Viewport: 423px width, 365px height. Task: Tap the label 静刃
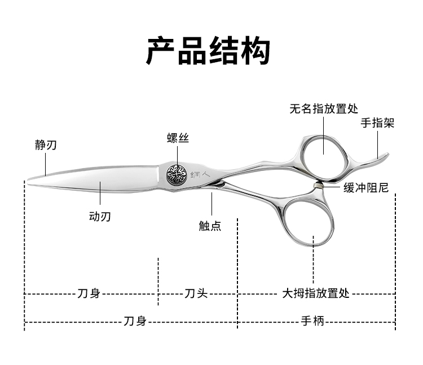click(x=46, y=145)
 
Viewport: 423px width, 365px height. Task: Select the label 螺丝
click(x=178, y=138)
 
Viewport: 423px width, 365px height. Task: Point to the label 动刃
click(x=100, y=216)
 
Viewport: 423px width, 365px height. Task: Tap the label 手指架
click(x=377, y=123)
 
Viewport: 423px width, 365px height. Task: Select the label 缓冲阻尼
click(x=366, y=188)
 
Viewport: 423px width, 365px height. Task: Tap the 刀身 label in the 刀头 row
click(x=89, y=293)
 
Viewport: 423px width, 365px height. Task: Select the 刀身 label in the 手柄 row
click(x=135, y=322)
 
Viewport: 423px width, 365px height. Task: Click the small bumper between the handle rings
click(x=320, y=186)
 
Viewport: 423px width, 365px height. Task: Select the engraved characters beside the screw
click(x=200, y=174)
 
